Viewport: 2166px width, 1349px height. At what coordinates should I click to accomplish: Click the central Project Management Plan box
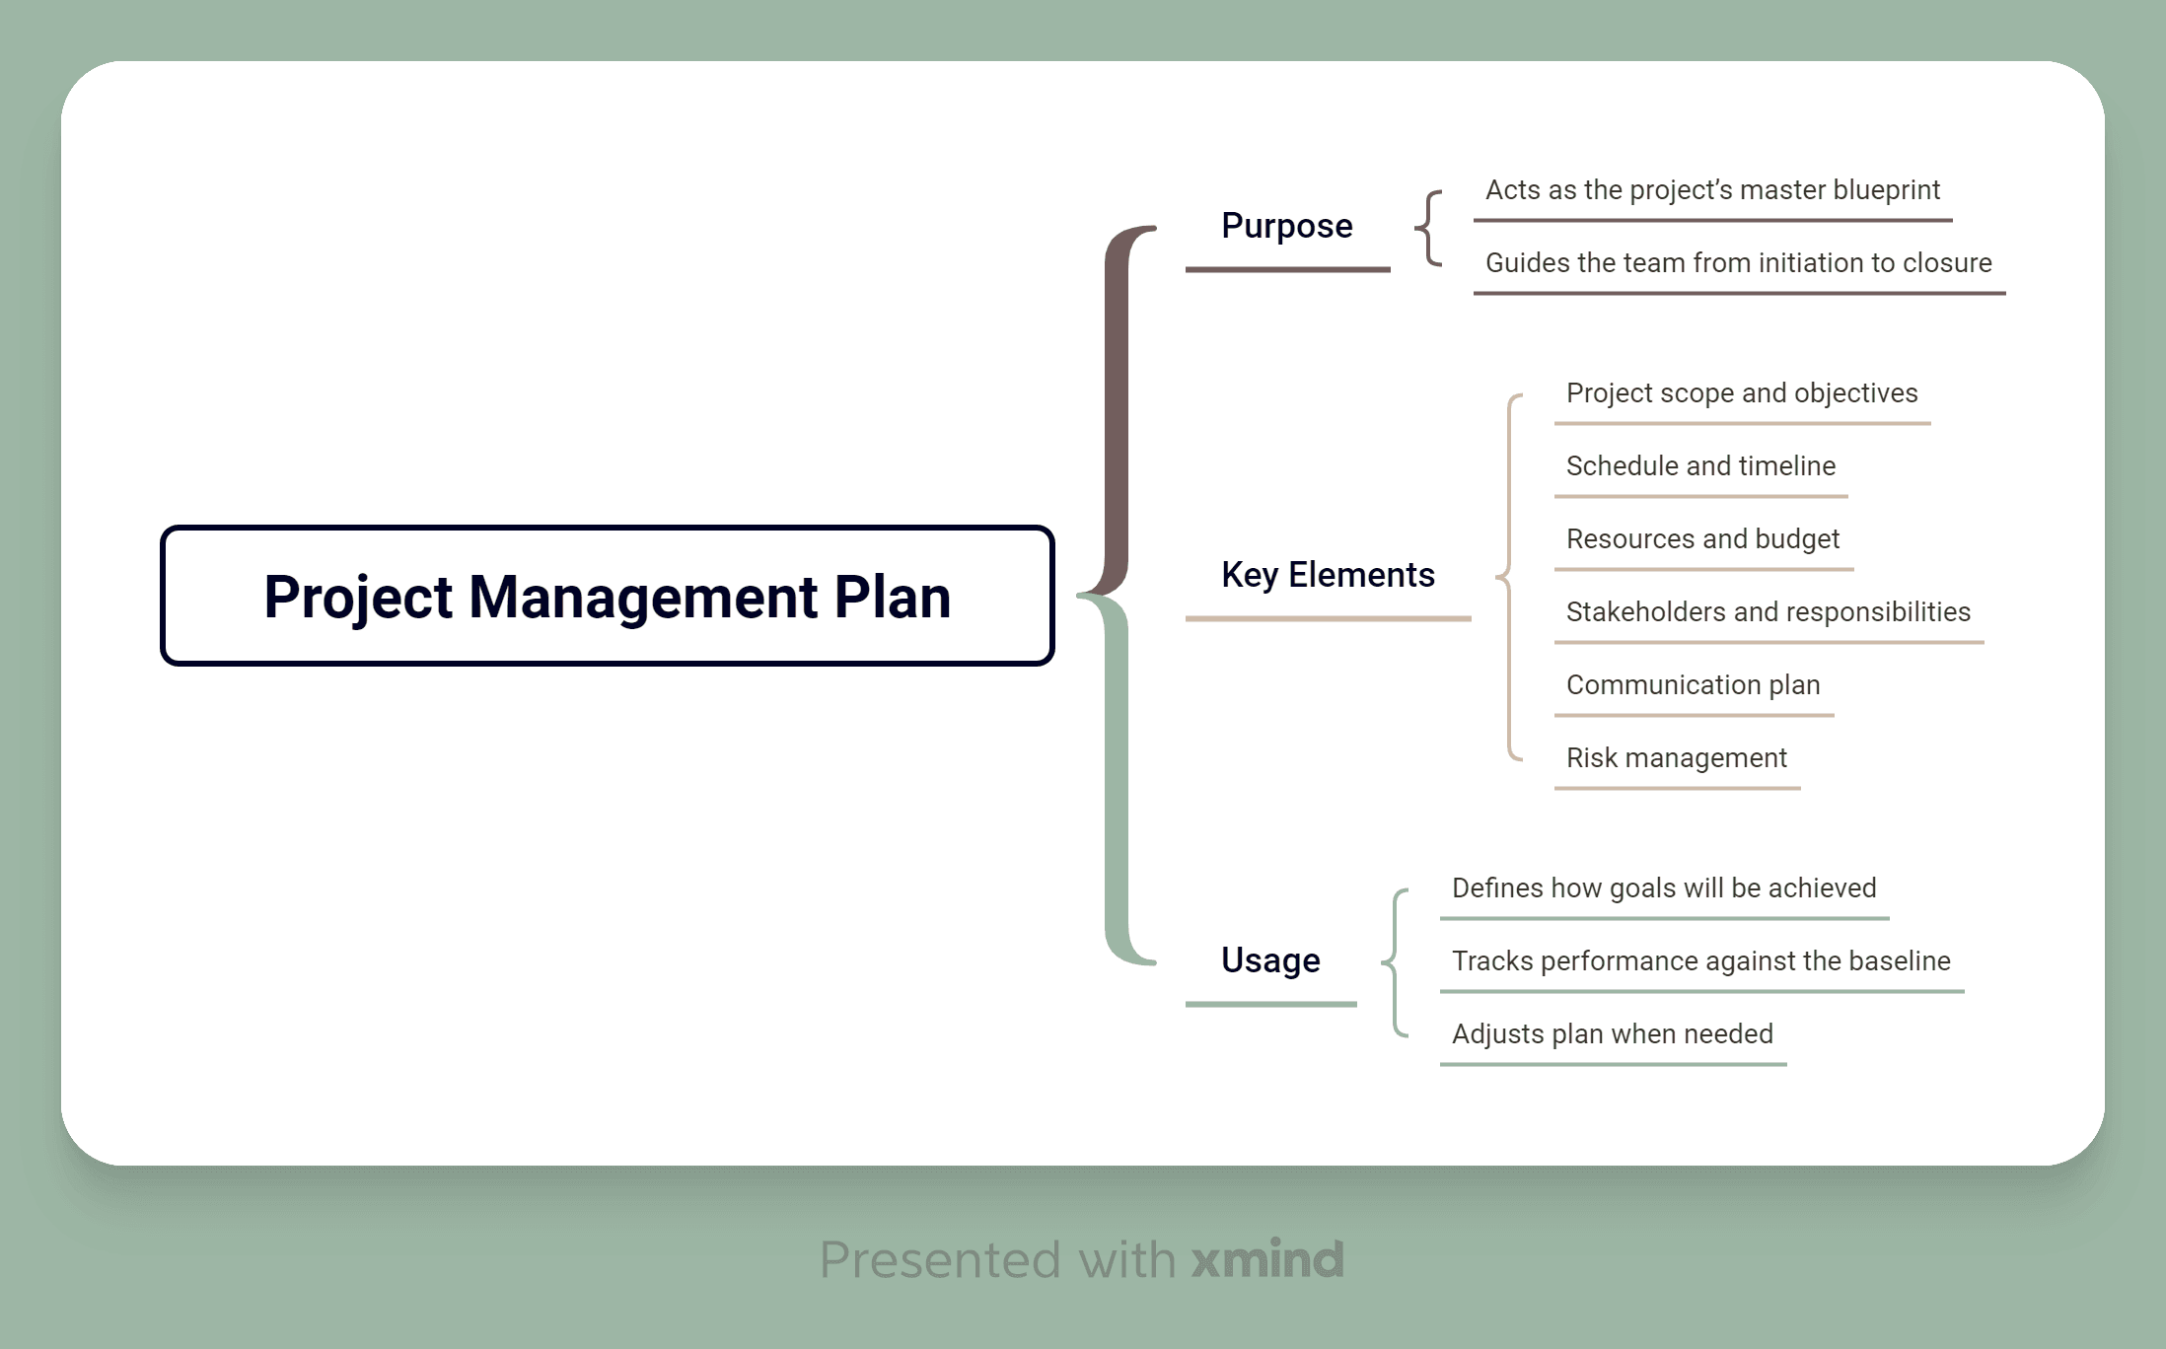(607, 596)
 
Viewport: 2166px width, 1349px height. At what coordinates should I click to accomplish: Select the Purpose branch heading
(1286, 226)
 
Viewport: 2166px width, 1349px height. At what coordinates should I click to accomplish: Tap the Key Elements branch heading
(1328, 575)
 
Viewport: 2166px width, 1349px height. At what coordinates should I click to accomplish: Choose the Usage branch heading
(1270, 959)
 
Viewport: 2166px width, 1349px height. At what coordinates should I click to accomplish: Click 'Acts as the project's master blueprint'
(1712, 190)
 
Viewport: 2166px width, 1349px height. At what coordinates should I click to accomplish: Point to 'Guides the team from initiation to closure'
(1738, 263)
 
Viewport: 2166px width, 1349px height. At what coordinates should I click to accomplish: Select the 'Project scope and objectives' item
(1741, 393)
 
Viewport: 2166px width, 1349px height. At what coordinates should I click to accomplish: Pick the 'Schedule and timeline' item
(1700, 466)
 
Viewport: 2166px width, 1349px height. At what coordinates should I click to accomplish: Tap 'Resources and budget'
(1702, 539)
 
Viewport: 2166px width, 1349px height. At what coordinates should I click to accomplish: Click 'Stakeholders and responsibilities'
(1768, 612)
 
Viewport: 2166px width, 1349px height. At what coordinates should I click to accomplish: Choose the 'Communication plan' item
(1693, 685)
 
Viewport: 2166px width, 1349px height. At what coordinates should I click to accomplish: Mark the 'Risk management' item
(1676, 758)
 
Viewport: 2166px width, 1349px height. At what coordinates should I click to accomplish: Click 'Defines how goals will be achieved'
(1663, 888)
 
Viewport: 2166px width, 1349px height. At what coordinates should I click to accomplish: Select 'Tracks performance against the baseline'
(1700, 961)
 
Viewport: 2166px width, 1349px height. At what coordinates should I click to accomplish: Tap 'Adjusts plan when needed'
(1612, 1034)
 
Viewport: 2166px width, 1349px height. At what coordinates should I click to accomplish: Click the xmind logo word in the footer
(1266, 1259)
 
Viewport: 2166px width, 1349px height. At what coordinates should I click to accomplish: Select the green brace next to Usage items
(1394, 961)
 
